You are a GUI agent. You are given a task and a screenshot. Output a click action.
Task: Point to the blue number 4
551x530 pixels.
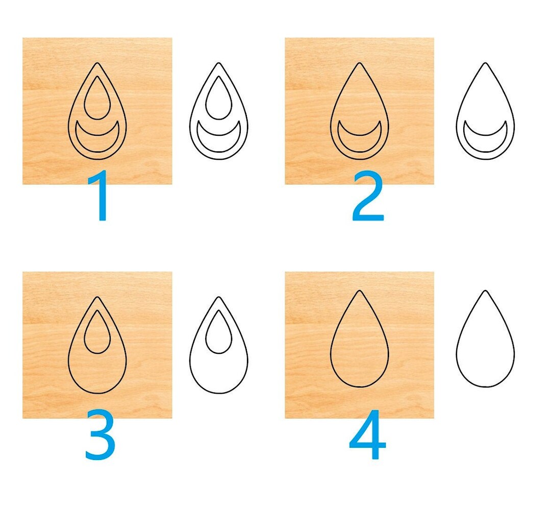(367, 435)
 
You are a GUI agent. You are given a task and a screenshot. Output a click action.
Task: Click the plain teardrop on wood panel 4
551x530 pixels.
(359, 347)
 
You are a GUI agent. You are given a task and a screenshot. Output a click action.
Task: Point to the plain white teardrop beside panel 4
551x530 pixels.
(485, 347)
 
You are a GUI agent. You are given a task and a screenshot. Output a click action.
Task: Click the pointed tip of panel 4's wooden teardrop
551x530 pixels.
(359, 292)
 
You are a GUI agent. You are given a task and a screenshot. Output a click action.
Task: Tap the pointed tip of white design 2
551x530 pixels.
(485, 64)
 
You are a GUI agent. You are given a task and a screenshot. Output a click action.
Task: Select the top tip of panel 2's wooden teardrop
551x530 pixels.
(359, 64)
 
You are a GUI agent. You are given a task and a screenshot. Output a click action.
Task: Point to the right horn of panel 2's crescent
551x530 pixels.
(380, 123)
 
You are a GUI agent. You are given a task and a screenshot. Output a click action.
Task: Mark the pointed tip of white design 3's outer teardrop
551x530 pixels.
(218, 298)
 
